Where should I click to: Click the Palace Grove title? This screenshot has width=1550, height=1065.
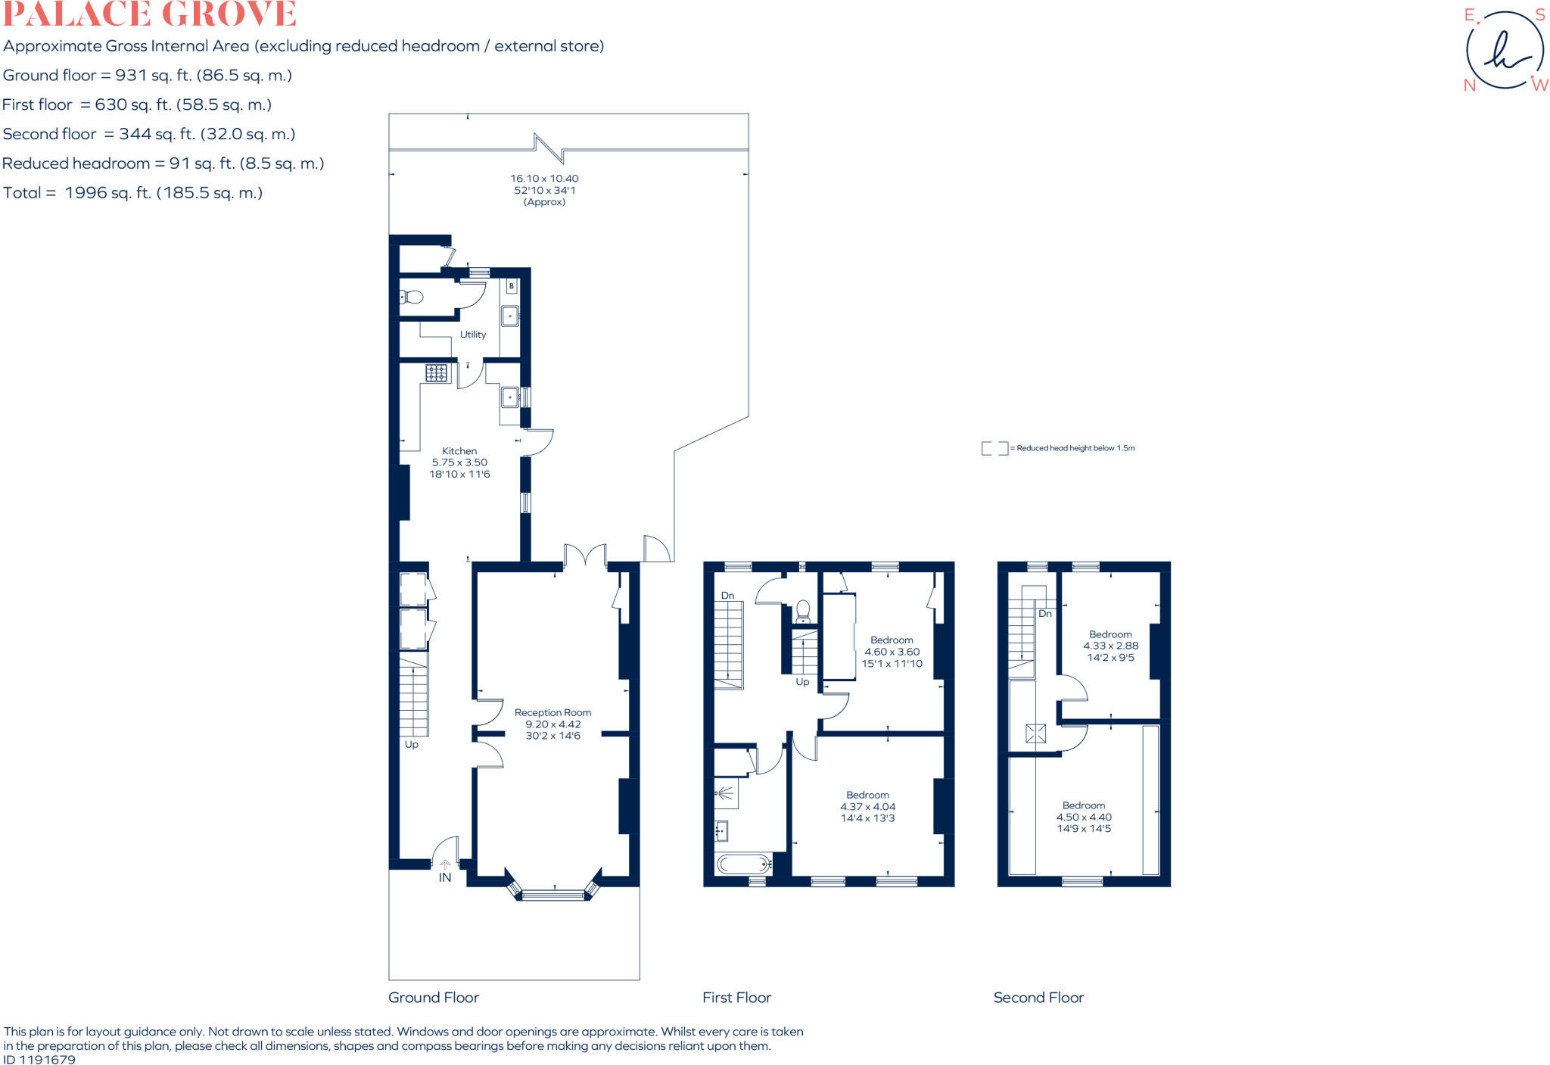point(149,14)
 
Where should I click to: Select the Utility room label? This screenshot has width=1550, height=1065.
point(473,335)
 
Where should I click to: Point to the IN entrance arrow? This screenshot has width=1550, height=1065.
point(445,871)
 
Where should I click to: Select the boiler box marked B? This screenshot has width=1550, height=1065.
point(512,286)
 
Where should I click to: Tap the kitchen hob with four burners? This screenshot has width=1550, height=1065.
point(436,372)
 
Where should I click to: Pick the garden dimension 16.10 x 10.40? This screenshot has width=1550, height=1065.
point(544,179)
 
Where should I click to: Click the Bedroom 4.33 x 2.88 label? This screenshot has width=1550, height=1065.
point(1110,646)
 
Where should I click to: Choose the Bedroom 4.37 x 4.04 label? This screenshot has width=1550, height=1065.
point(867,806)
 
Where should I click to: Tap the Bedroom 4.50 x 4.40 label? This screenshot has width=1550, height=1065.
point(1084,817)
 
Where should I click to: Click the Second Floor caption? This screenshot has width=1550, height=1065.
point(1038,998)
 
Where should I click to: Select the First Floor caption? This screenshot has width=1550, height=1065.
point(736,998)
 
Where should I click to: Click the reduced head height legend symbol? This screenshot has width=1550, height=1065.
point(994,448)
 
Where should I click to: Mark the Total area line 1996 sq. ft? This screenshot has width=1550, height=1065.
point(133,192)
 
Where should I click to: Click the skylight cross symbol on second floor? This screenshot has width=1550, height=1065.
point(1035,733)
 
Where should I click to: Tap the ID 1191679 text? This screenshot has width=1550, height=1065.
point(39,1059)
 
